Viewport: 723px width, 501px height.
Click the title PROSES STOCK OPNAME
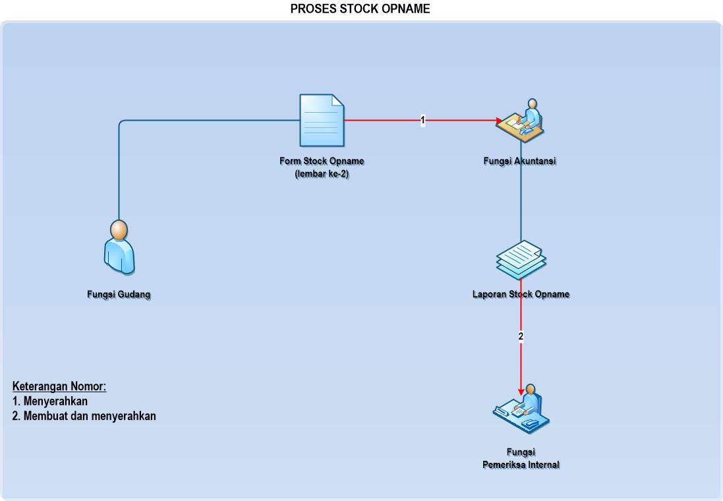pyautogui.click(x=361, y=9)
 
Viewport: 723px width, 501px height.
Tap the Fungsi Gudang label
pyautogui.click(x=119, y=295)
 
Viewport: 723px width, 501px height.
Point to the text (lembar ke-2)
pyautogui.click(x=322, y=174)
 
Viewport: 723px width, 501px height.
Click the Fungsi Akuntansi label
pyautogui.click(x=519, y=162)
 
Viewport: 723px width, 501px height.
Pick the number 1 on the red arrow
pyautogui.click(x=422, y=121)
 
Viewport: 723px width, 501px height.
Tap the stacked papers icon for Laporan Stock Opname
pyautogui.click(x=521, y=258)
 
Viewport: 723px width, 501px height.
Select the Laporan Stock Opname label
pyautogui.click(x=521, y=294)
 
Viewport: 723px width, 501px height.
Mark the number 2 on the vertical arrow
pyautogui.click(x=521, y=336)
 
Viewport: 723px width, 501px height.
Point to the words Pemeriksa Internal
pyautogui.click(x=521, y=465)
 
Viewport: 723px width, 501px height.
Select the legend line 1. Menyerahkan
pyautogui.click(x=50, y=401)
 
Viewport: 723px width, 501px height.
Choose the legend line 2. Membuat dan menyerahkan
pyautogui.click(x=84, y=416)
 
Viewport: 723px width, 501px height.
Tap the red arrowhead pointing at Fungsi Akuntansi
pyautogui.click(x=499, y=121)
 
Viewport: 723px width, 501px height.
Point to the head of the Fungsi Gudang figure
pyautogui.click(x=119, y=231)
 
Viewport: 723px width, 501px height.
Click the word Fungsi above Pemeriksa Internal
pyautogui.click(x=521, y=452)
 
